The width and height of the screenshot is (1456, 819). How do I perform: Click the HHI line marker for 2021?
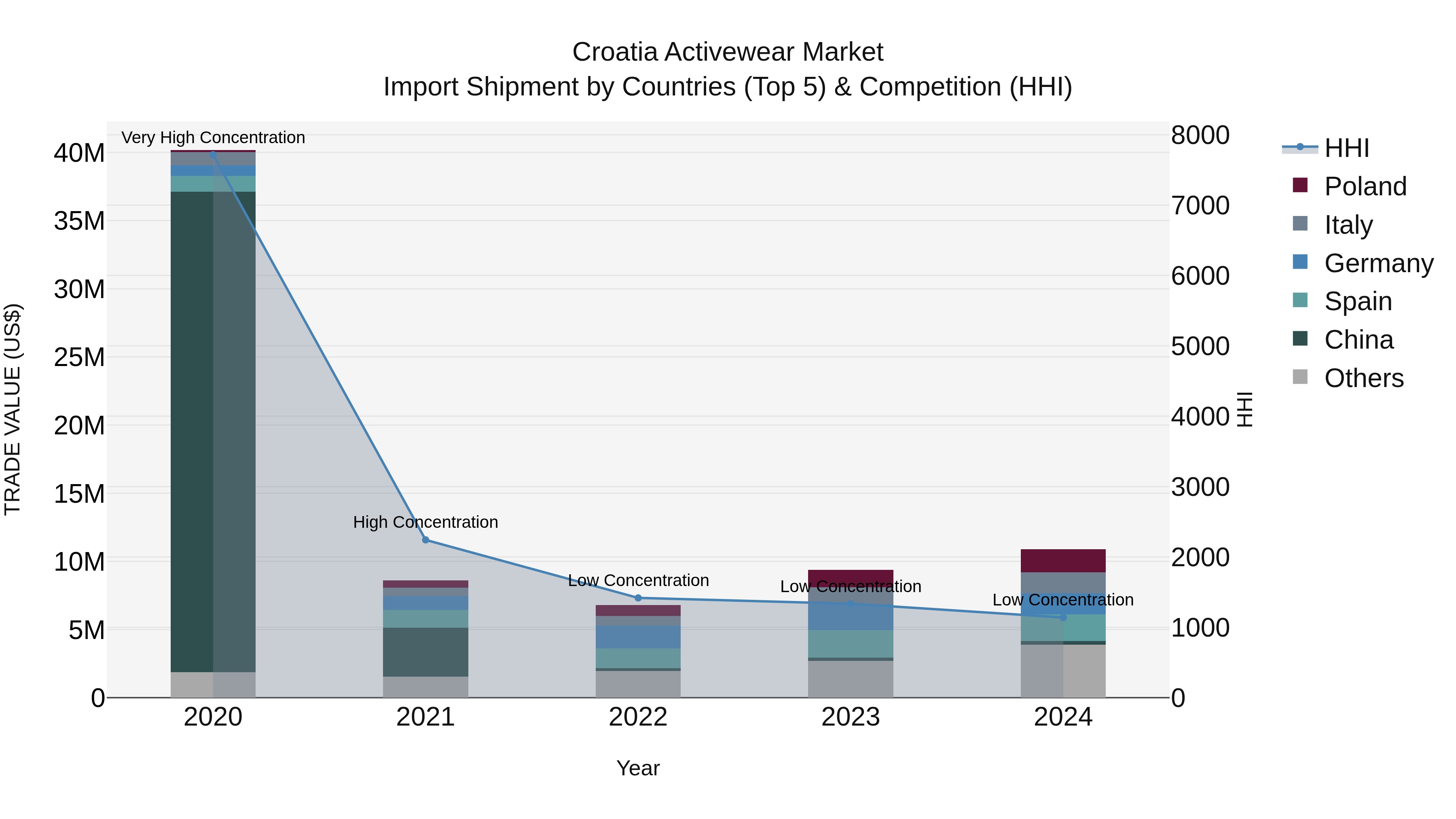[x=425, y=540]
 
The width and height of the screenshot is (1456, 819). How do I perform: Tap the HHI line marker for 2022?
[x=638, y=598]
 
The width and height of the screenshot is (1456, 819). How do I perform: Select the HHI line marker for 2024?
[x=1063, y=617]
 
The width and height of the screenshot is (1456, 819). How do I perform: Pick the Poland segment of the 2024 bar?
[x=1063, y=561]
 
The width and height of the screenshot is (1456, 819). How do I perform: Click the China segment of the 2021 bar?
[x=425, y=652]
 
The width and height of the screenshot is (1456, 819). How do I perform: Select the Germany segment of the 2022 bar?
[x=638, y=637]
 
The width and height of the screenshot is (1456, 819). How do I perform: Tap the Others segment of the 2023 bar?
[x=851, y=679]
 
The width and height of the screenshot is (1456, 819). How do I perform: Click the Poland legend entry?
[x=1365, y=186]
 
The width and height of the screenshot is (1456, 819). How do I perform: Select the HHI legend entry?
[x=1346, y=148]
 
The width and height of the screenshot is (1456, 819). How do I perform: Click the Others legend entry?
[x=1363, y=378]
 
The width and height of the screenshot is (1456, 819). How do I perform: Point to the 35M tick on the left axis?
[x=79, y=221]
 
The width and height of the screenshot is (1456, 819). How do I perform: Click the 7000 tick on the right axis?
[x=1200, y=206]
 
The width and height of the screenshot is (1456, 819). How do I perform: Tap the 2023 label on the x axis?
[x=851, y=717]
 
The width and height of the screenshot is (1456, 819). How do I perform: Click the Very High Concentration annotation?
[x=213, y=138]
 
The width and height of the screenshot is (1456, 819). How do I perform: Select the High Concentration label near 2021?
[x=425, y=522]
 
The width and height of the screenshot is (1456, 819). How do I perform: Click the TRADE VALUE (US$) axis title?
[x=13, y=409]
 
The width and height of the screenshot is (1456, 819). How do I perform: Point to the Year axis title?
[x=638, y=768]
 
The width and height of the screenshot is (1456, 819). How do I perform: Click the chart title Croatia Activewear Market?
[x=728, y=52]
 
